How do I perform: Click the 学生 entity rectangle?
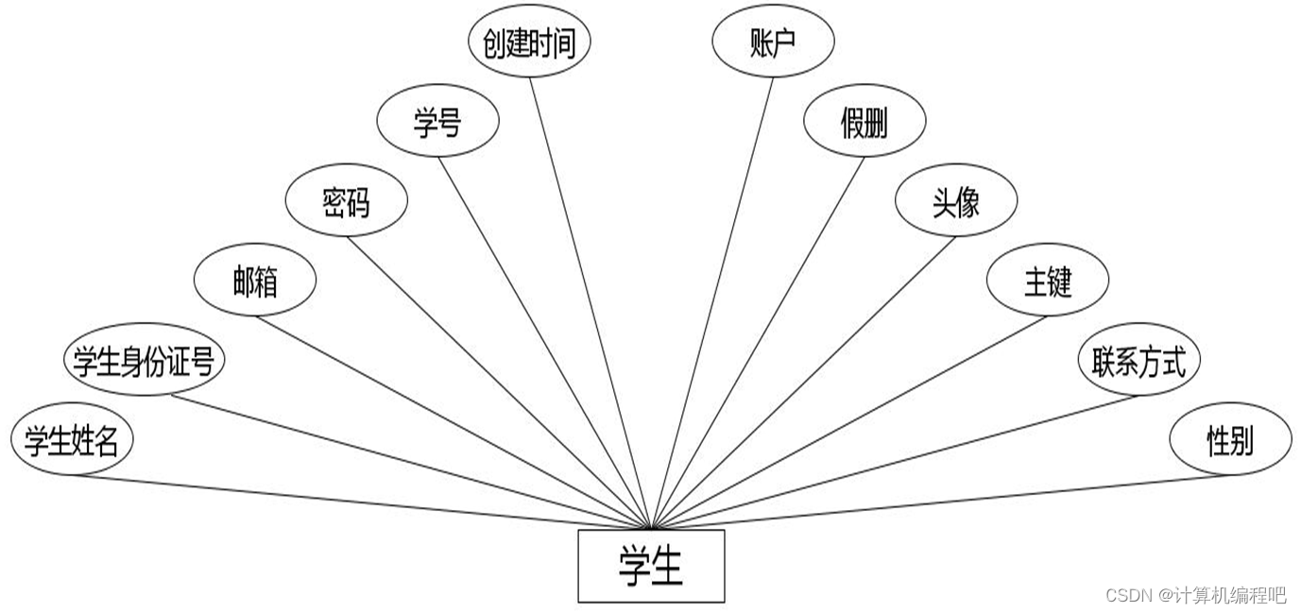tap(651, 566)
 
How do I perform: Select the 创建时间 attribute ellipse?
tap(529, 43)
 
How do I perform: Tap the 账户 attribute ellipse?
tap(773, 43)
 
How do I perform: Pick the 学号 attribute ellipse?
tap(437, 122)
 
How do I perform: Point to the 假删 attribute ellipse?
tap(864, 122)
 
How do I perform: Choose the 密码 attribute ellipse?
tap(347, 201)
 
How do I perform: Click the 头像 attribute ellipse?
tap(956, 201)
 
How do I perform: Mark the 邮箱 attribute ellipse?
tap(255, 281)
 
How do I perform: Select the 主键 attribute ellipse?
tap(1047, 281)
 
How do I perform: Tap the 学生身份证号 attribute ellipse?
tap(144, 360)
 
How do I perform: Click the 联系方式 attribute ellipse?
tap(1138, 360)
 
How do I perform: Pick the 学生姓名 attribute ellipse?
tap(72, 440)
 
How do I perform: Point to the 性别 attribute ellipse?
tap(1230, 440)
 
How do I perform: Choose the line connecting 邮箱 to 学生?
tap(454, 421)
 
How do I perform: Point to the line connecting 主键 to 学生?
tap(850, 421)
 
